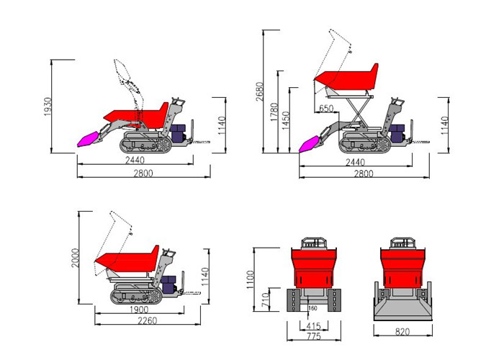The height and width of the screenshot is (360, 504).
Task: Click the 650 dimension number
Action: tap(325, 108)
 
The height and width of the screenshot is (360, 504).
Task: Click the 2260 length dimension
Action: tap(148, 320)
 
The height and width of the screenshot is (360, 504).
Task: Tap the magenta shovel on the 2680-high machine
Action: tap(312, 143)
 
